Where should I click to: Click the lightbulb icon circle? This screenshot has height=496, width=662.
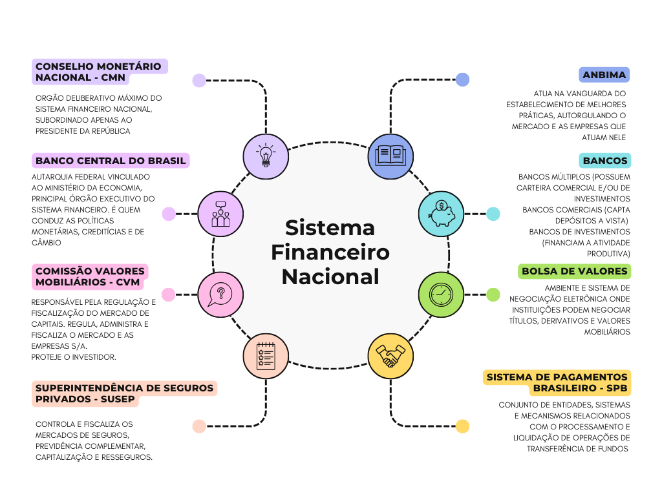265,156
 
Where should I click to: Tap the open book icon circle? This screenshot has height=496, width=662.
390,156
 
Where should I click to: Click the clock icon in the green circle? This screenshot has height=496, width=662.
441,294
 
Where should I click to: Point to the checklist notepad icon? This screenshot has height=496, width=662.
265,356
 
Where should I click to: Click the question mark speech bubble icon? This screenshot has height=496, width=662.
220,294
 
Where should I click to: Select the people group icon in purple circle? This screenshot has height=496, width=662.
220,213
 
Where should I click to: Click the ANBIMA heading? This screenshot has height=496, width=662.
604,75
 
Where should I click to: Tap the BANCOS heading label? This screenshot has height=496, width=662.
604,161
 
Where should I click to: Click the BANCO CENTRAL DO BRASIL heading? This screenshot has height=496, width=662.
111,161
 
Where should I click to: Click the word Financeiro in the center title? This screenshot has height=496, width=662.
330,252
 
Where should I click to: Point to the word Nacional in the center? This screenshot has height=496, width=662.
330,276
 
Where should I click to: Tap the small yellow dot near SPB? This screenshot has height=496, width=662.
462,426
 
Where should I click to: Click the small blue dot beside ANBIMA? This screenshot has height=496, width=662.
462,79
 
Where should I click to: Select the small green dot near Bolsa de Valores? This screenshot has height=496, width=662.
493,294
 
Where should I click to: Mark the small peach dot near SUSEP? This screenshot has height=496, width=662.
199,426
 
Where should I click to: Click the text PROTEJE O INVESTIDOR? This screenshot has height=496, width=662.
74,357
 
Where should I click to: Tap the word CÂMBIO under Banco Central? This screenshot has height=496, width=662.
47,243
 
